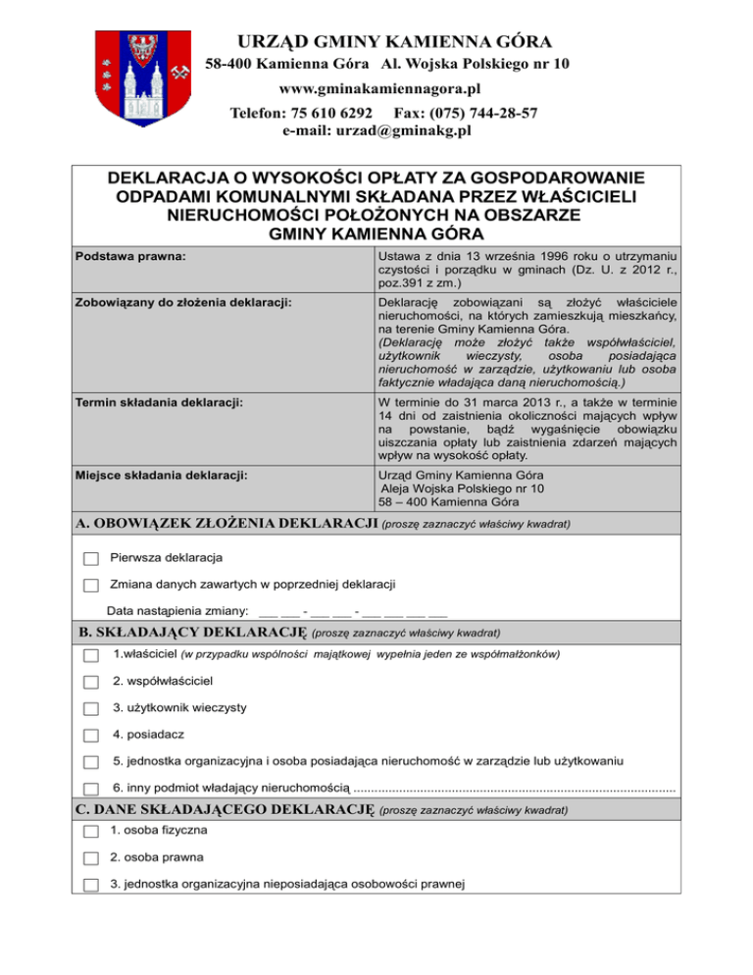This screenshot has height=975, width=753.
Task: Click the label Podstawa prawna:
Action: [x=132, y=258]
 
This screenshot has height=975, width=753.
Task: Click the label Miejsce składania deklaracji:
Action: [x=161, y=476]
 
